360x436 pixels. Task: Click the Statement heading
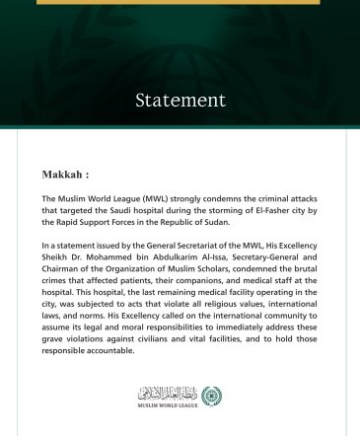(180, 101)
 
